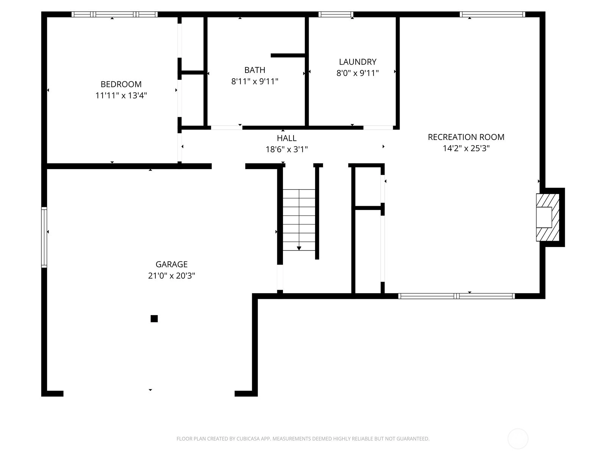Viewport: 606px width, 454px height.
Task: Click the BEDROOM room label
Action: (121, 84)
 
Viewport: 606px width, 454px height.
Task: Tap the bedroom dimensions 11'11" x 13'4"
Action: (121, 95)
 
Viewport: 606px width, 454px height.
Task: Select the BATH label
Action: (255, 70)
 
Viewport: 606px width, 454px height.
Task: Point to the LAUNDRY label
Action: (358, 62)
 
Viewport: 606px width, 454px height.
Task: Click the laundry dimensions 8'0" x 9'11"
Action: (358, 73)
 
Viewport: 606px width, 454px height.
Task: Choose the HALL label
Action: (287, 138)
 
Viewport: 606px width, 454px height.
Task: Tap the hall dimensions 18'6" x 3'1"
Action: (287, 149)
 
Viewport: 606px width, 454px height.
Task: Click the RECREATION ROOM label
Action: (466, 137)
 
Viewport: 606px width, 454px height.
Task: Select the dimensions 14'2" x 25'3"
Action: (466, 148)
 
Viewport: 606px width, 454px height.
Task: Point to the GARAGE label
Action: (172, 264)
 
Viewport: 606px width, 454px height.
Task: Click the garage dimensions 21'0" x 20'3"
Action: (172, 276)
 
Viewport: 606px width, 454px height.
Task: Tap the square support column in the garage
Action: (154, 319)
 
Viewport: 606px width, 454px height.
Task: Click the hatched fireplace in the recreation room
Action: (547, 217)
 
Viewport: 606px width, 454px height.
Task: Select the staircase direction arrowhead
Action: (299, 248)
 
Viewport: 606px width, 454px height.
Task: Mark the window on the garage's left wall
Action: (44, 237)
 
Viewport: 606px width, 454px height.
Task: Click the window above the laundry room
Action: (336, 14)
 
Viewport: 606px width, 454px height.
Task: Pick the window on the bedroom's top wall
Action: (115, 14)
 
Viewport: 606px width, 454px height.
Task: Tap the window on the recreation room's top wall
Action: (492, 14)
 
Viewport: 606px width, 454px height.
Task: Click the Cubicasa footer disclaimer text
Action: (303, 438)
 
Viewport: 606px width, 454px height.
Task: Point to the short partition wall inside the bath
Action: (288, 55)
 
